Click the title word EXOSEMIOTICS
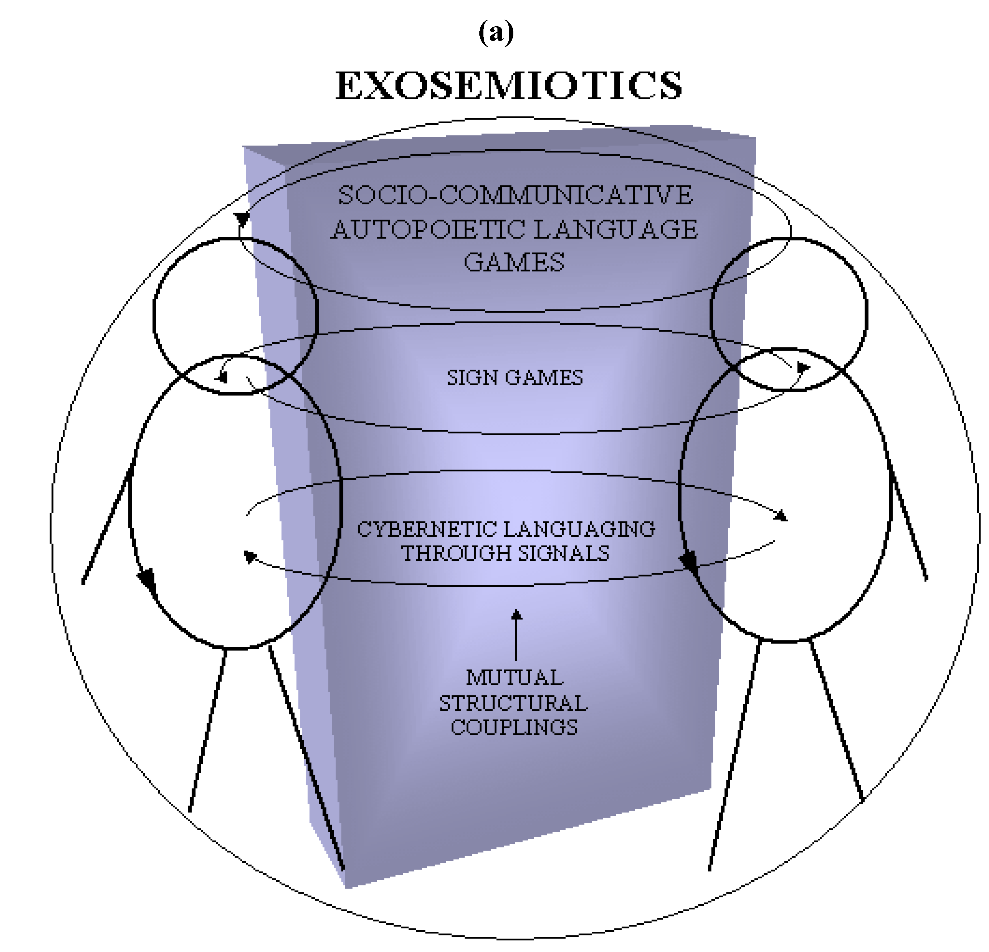509,86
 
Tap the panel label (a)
496,33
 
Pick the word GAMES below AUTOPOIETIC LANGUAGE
514,263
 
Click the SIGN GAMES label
515,378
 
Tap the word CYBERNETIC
427,529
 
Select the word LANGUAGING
579,529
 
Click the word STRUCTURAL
514,703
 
